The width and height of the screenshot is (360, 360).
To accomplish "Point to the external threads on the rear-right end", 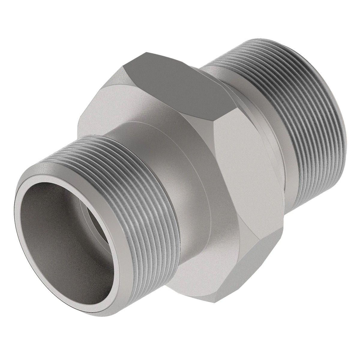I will pos(288,120).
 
